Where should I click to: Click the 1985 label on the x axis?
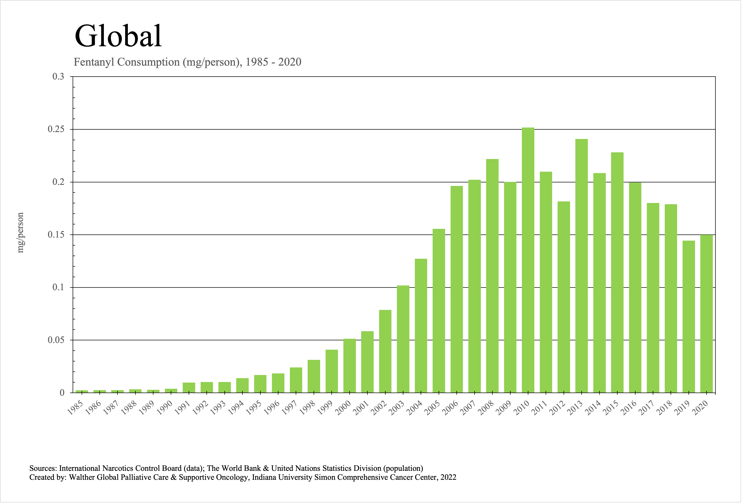[x=75, y=408]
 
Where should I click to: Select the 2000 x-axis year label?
[x=343, y=408]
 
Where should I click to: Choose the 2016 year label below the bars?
[x=628, y=408]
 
